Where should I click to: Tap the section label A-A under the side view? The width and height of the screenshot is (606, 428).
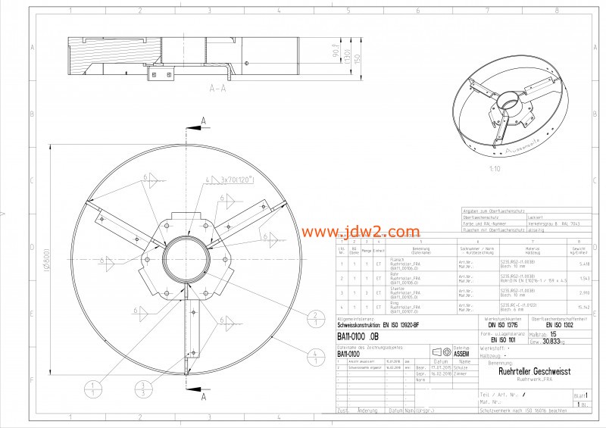pyautogui.click(x=218, y=89)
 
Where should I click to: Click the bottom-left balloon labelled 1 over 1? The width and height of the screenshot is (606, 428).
pyautogui.click(x=92, y=390)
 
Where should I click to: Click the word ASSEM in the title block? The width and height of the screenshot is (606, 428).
pyautogui.click(x=461, y=353)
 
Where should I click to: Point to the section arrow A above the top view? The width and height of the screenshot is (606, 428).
pyautogui.click(x=203, y=120)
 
